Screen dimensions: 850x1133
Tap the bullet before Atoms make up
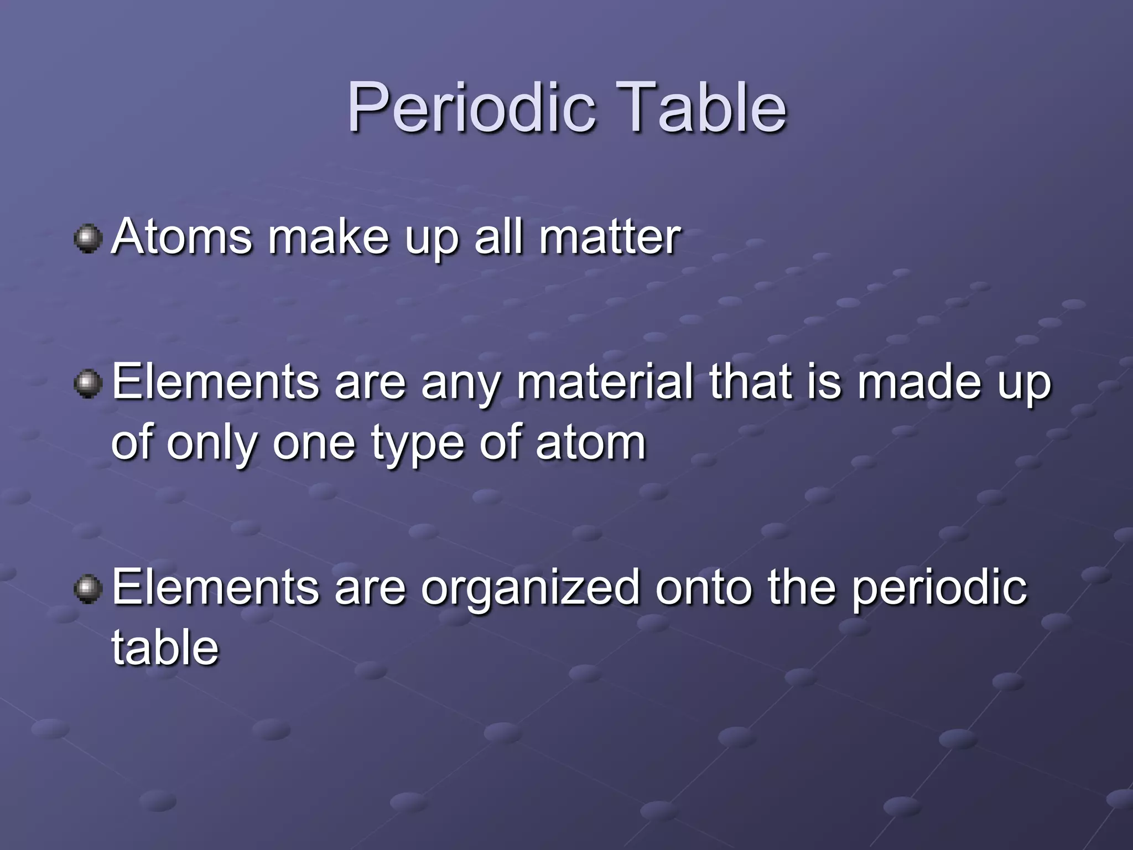88,239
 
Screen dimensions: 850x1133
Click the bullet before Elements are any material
88,383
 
